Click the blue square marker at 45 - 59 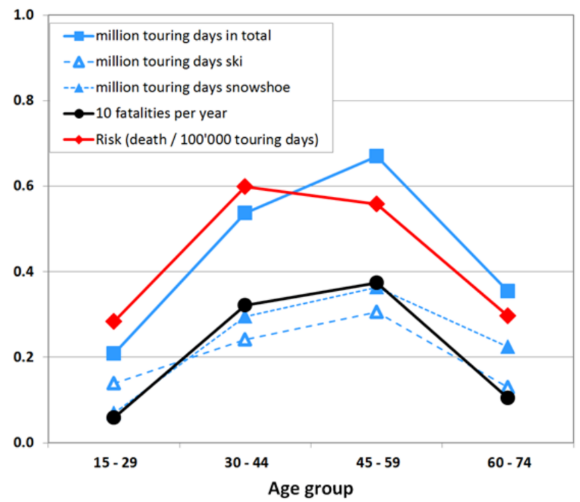click(376, 156)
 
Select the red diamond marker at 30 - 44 click(245, 186)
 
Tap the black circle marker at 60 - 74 click(508, 398)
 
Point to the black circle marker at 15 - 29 click(114, 417)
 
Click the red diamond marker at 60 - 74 click(508, 315)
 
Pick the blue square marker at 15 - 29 click(114, 353)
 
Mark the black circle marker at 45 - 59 click(376, 282)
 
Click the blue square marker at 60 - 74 click(508, 290)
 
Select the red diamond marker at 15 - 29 click(114, 321)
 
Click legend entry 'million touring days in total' click(183, 36)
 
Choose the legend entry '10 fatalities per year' click(161, 113)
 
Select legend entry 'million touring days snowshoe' click(193, 88)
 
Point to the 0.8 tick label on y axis click(26, 100)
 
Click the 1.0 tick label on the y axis click(26, 15)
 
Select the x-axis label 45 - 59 click(376, 463)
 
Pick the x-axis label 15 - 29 click(114, 463)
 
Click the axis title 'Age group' click(311, 489)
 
